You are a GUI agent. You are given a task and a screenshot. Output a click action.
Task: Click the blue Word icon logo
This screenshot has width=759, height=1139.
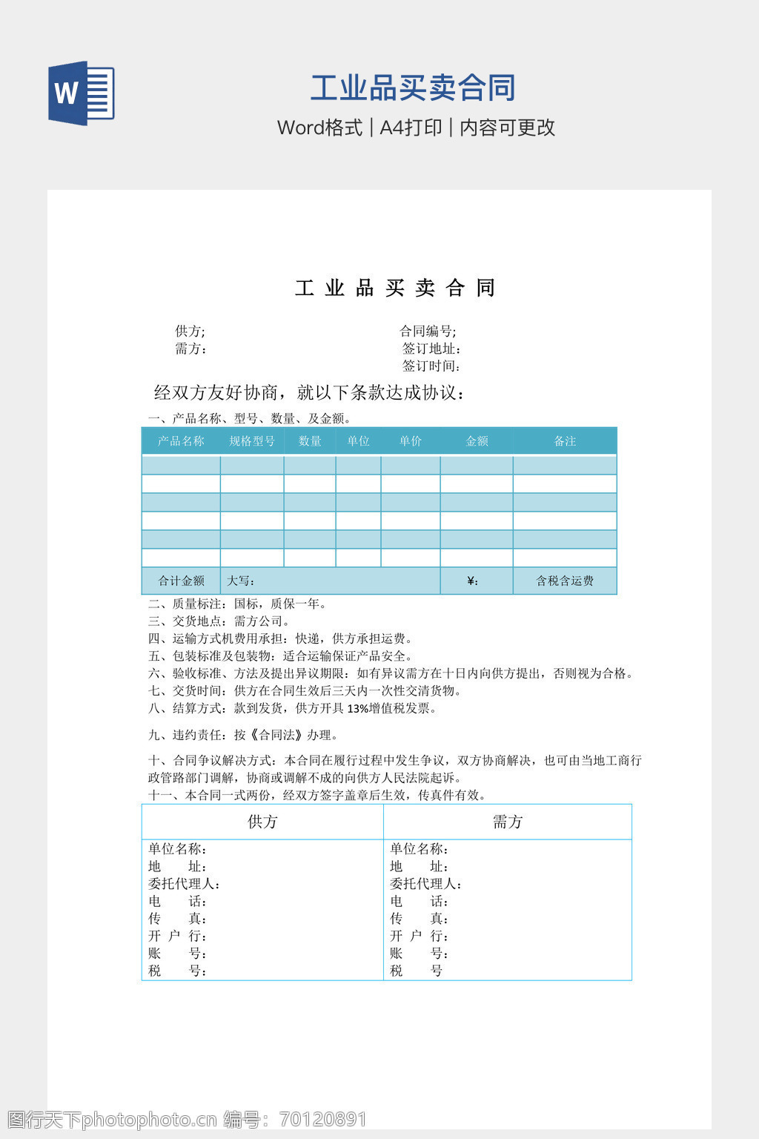(x=82, y=93)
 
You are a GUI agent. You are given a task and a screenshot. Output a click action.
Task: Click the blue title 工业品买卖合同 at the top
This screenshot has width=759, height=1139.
(x=413, y=88)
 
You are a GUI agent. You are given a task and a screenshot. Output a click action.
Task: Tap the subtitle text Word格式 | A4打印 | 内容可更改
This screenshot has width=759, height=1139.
(x=416, y=128)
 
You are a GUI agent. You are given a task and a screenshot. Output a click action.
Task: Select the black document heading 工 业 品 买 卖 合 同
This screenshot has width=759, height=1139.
(x=395, y=288)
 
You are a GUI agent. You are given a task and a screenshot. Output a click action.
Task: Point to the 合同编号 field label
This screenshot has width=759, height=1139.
(x=428, y=331)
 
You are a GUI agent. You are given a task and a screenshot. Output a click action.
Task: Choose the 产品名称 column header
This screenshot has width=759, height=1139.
(x=181, y=441)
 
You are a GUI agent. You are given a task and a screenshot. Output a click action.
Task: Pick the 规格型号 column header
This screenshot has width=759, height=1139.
(x=252, y=441)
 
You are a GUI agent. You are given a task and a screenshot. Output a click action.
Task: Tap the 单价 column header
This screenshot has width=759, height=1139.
(x=410, y=441)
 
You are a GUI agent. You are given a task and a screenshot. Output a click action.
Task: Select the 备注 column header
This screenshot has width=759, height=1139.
(x=565, y=441)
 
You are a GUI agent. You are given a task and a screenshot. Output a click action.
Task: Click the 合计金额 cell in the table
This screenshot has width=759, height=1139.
(x=181, y=581)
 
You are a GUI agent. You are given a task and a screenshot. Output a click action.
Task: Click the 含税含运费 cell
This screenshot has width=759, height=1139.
(x=565, y=581)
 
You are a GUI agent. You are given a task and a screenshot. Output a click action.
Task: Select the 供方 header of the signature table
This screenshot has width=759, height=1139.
(x=262, y=822)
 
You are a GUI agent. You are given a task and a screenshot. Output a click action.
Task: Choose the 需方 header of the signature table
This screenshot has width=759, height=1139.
(x=508, y=822)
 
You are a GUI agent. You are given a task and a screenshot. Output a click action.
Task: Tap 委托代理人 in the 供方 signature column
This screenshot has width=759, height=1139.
(x=184, y=884)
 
